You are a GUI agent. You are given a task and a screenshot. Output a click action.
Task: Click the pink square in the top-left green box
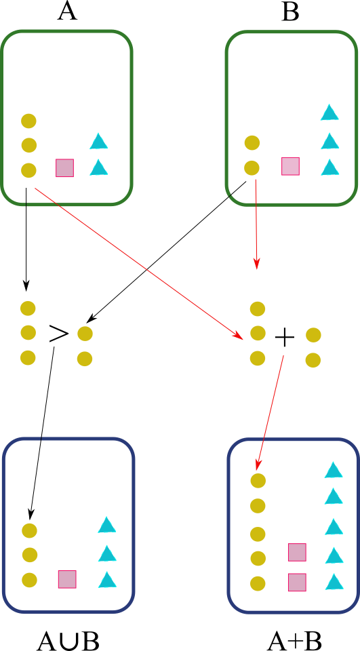click(x=64, y=167)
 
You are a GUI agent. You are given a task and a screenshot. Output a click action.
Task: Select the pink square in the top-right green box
click(x=290, y=166)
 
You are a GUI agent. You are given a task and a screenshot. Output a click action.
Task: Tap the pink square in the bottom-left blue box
click(x=67, y=579)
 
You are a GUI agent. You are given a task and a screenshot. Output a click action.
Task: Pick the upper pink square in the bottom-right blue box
click(x=297, y=552)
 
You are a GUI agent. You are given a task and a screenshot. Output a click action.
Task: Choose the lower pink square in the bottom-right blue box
click(x=297, y=583)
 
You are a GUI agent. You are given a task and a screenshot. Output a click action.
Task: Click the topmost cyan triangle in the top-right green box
click(x=329, y=113)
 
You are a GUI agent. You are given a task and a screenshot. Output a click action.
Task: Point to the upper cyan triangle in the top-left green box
click(x=98, y=142)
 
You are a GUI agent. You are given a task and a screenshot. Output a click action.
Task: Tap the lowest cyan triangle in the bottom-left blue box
click(x=107, y=580)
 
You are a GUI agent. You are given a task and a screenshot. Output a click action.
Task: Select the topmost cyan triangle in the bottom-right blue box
click(x=333, y=471)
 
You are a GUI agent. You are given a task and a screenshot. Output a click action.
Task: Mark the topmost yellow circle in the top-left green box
click(x=28, y=121)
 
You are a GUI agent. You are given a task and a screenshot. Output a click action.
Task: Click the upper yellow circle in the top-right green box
click(x=252, y=142)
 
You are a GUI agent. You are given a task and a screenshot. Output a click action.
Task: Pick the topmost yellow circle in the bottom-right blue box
click(x=258, y=481)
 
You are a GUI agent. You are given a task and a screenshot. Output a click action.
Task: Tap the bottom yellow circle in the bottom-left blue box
click(x=29, y=580)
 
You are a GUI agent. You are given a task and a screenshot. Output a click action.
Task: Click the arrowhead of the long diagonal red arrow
click(x=239, y=336)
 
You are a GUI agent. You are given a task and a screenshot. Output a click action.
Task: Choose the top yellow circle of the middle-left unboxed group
click(x=28, y=309)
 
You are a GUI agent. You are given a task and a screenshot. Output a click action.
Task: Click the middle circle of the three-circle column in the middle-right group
click(x=258, y=333)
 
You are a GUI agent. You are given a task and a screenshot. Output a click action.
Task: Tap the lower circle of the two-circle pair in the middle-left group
click(x=85, y=359)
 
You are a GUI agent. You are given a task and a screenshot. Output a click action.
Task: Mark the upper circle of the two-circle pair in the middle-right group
click(x=313, y=335)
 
